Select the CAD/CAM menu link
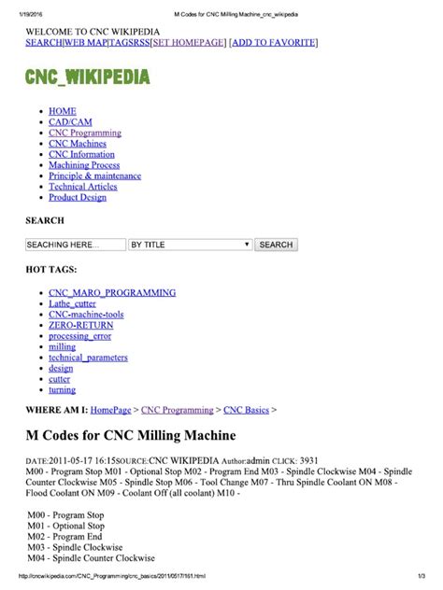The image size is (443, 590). point(69,122)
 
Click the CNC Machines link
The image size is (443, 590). point(78,144)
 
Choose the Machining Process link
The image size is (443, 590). point(84,165)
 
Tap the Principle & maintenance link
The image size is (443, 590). point(94,176)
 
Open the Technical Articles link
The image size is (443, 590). point(83,187)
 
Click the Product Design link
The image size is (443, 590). point(78,198)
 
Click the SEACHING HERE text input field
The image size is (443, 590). point(75,245)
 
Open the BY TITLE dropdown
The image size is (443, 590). point(190,245)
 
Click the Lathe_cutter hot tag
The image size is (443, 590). point(73,303)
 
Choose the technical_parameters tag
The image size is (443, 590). point(88,358)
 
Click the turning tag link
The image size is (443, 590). point(62,390)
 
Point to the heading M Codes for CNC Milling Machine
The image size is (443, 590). point(131,436)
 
